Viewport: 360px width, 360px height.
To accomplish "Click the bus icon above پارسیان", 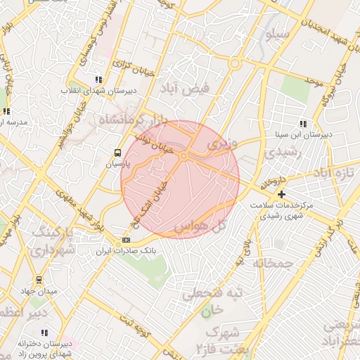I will tap(117, 152).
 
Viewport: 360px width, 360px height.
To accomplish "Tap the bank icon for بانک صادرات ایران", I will tap(126, 240).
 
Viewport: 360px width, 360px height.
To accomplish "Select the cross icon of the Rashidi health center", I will tap(282, 194).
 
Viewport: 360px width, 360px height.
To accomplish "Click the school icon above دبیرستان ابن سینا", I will tap(303, 123).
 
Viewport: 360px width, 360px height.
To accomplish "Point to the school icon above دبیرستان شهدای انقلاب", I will tap(98, 79).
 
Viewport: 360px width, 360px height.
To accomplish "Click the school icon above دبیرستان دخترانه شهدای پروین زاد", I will tap(44, 333).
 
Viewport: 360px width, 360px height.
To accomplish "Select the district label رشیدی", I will tap(284, 151).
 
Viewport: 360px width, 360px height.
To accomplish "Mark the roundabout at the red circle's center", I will tap(183, 156).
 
